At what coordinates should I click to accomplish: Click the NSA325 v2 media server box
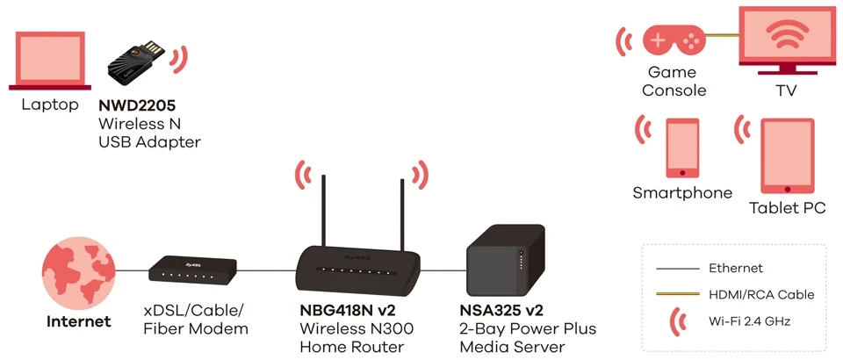coord(500,263)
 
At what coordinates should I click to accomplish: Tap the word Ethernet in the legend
coord(736,268)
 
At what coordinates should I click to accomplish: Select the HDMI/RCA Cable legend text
coord(761,294)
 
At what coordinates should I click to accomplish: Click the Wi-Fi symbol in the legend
coord(679,321)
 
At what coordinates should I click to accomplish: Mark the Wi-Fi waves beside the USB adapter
coord(179,60)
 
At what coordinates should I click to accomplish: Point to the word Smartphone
coord(682,193)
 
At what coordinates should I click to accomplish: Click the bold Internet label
coord(79,321)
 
